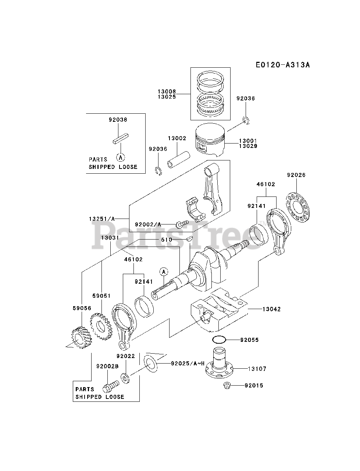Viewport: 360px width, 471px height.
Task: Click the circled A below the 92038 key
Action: coord(121,157)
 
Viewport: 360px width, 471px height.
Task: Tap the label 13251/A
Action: coord(102,218)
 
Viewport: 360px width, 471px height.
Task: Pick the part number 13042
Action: coord(271,309)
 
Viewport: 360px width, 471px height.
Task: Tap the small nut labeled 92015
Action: coord(227,385)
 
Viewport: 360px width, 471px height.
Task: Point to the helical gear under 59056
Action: coord(80,337)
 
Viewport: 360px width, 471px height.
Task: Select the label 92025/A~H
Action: coord(188,364)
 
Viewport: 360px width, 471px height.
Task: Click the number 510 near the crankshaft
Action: coord(167,240)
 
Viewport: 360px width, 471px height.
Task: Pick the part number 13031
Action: coord(110,238)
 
